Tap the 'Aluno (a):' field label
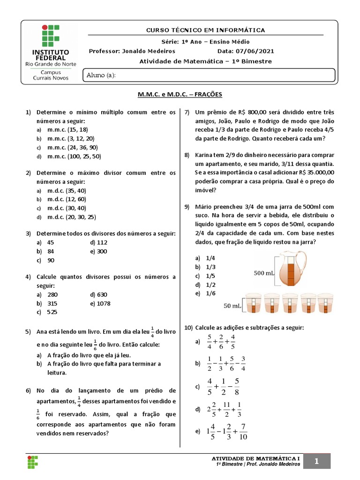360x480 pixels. [x=101, y=75]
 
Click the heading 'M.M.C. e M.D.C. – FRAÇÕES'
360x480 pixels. [x=180, y=95]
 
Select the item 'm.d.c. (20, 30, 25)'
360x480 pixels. [x=71, y=217]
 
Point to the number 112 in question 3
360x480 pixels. [x=102, y=242]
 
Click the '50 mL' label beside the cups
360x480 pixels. [x=233, y=306]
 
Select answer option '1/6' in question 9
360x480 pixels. [x=210, y=293]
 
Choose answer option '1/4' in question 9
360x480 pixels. [x=210, y=258]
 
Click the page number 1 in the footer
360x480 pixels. [x=317, y=462]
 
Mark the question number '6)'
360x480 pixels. [x=28, y=391]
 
